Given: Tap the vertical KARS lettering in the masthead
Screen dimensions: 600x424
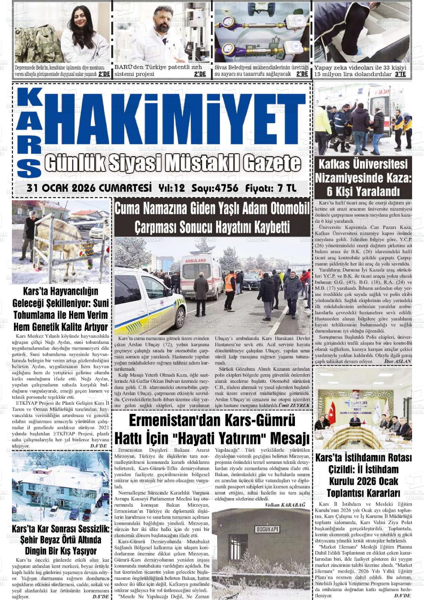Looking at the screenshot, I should [29, 134].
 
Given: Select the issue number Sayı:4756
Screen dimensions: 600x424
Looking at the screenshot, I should [215, 188].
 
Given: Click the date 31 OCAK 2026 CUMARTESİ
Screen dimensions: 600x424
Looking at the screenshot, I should [89, 188].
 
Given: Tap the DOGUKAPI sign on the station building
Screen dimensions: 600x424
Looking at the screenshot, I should [267, 529].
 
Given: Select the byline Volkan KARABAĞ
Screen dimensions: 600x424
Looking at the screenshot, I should [285, 505].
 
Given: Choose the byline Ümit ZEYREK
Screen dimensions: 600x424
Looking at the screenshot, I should [294, 405].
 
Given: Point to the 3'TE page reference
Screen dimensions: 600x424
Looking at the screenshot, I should [400, 74].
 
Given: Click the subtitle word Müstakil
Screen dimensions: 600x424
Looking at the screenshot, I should [202, 163].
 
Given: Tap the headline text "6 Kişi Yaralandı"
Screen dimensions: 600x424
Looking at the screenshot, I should [363, 192].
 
